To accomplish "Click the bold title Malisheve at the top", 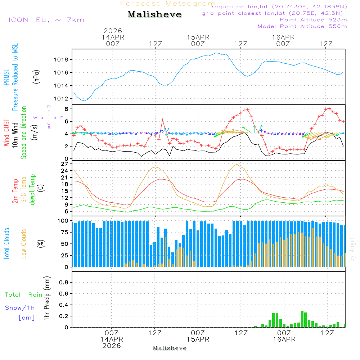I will point(154,14).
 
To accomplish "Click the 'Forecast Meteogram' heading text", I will point(168,4).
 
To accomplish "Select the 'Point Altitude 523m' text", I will point(313,20).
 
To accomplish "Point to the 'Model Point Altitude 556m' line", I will point(302,26).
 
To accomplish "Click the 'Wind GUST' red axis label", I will point(6,134).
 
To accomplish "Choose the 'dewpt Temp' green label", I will point(33,190).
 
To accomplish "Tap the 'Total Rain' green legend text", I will point(23,295).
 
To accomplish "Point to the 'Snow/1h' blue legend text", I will point(20,308).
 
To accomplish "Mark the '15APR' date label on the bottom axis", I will point(198,339).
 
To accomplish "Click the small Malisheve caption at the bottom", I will point(170,348).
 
